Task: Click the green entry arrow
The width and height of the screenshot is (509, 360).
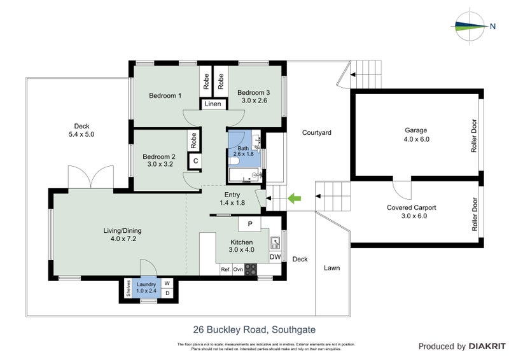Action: click(x=294, y=199)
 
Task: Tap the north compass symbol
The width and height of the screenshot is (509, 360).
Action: click(x=472, y=26)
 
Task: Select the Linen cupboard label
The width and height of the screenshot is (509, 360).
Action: click(x=213, y=105)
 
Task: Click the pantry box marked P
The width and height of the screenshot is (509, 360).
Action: click(x=250, y=224)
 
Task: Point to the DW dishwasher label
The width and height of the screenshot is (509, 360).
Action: click(x=275, y=257)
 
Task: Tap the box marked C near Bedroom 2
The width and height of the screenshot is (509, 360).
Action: click(x=195, y=161)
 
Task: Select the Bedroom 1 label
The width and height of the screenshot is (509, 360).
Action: click(x=165, y=96)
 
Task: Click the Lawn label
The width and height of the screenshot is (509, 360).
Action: click(x=331, y=268)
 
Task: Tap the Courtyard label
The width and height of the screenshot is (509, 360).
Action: click(x=317, y=133)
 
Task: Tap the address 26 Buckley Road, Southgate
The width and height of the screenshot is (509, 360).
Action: click(x=254, y=329)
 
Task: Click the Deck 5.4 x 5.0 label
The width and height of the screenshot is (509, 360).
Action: click(x=84, y=130)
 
